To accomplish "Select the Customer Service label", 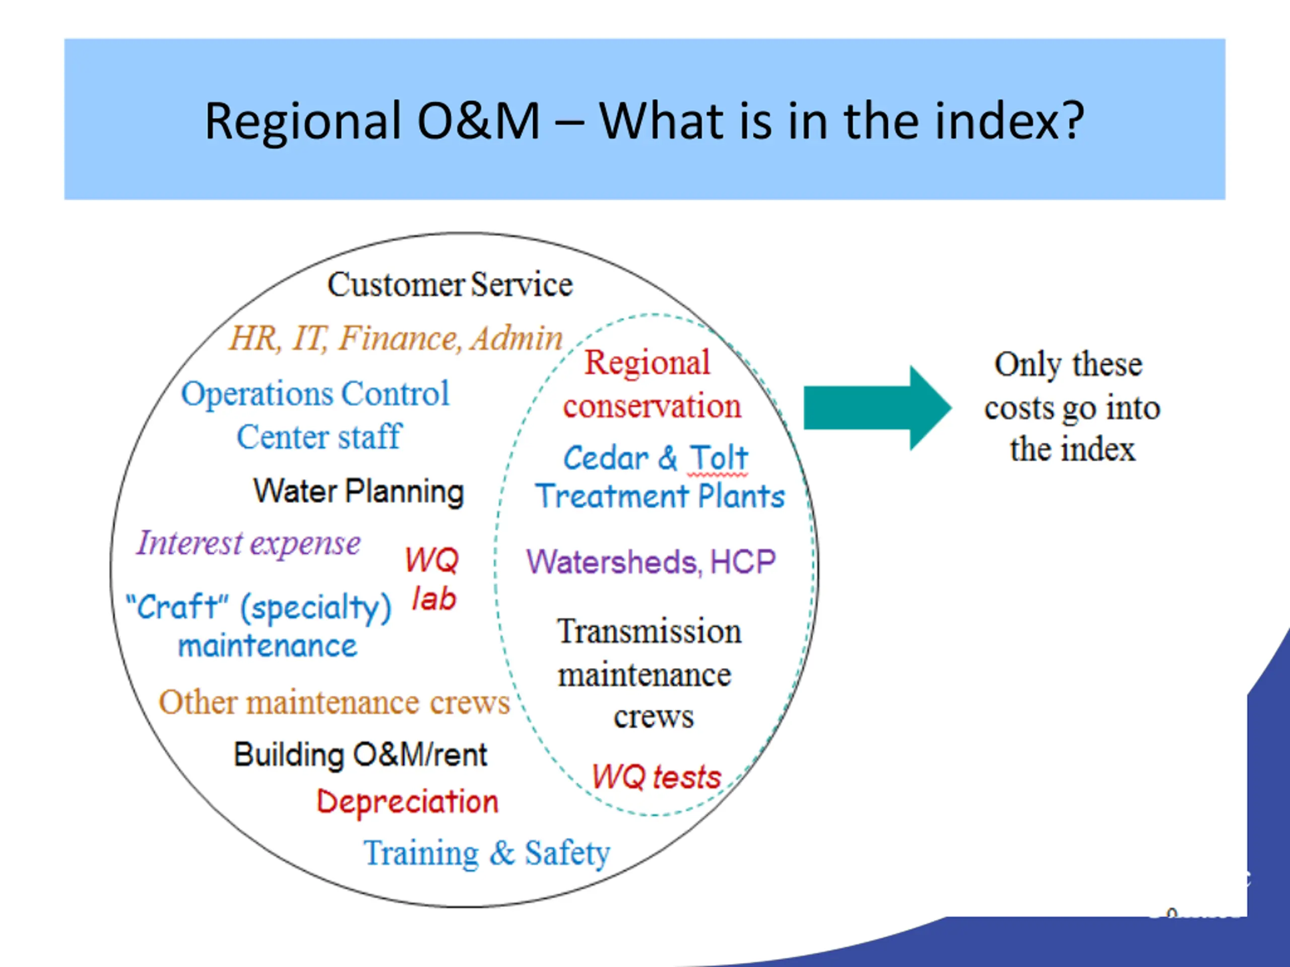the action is click(x=449, y=285).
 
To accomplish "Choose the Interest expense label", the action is click(x=248, y=543).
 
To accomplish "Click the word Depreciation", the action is click(x=408, y=801).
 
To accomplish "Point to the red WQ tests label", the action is click(x=657, y=777).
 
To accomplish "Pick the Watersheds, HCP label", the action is click(x=651, y=562).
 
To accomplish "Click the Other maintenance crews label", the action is click(x=334, y=703).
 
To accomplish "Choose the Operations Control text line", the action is click(x=315, y=393).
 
